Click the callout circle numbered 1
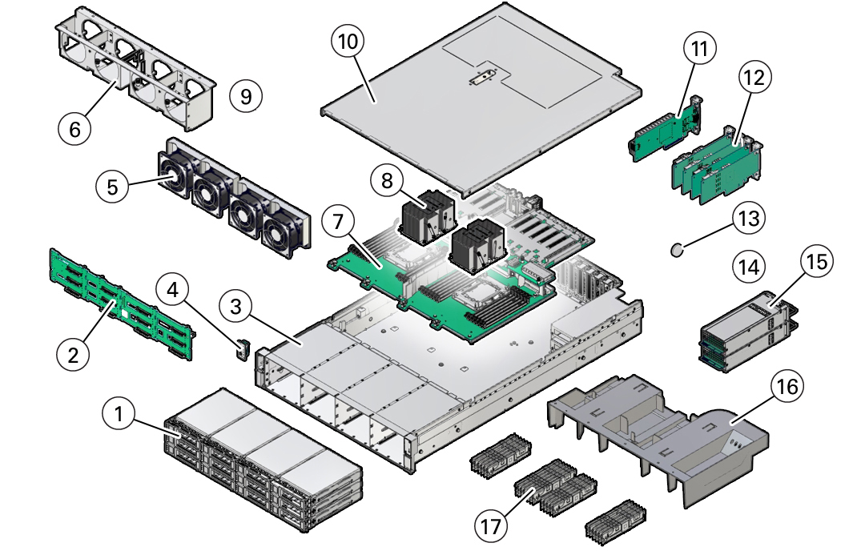(x=119, y=413)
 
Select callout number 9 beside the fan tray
(x=246, y=96)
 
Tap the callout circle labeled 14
(x=749, y=267)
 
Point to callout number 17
(x=490, y=525)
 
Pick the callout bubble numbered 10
(x=348, y=42)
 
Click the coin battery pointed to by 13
(x=677, y=251)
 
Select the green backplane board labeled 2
(x=122, y=304)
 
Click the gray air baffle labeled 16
(x=657, y=436)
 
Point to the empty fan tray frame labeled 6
(x=135, y=68)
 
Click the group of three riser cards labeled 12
(x=717, y=166)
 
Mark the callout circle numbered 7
(x=338, y=221)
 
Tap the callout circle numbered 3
(x=235, y=306)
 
